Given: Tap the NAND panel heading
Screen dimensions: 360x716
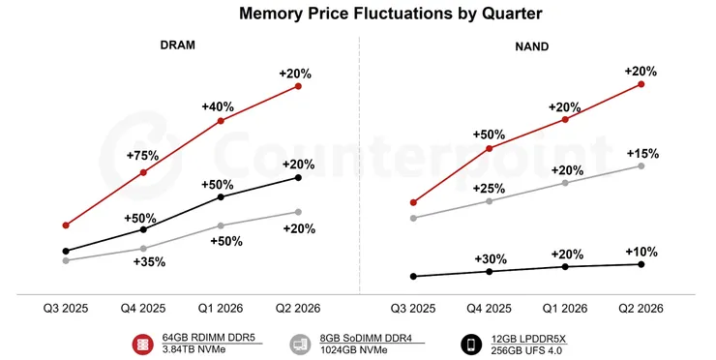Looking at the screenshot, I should [535, 46].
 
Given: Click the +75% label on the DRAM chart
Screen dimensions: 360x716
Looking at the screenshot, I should [142, 155].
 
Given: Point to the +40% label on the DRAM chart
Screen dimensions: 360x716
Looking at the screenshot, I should [218, 105].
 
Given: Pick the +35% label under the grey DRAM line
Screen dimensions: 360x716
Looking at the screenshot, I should [149, 261].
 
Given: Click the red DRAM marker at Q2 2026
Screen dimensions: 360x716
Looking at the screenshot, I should [298, 86].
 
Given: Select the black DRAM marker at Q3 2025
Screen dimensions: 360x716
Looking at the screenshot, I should [66, 251].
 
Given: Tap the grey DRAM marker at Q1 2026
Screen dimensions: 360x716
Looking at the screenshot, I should [221, 225].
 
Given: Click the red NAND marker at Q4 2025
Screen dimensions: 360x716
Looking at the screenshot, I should [490, 148].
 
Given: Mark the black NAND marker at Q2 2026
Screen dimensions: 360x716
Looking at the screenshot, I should [641, 264].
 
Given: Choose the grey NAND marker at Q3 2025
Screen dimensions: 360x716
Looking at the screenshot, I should [413, 218].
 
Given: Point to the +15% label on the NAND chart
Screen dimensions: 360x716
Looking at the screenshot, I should [642, 153].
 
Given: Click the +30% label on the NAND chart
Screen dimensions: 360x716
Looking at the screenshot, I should [491, 258].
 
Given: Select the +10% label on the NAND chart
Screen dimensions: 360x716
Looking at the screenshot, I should [642, 251].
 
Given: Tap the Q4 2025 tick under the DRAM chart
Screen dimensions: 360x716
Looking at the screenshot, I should [143, 308].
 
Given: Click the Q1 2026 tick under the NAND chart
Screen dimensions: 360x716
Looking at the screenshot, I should [566, 308].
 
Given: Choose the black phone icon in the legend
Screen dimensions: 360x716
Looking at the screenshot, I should [471, 344].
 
